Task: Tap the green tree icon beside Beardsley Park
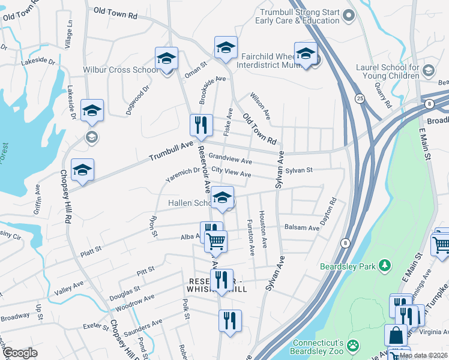pos(386,265)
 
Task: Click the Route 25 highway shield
pos(359,98)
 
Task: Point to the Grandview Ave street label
pos(230,160)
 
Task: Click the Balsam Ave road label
pos(306,228)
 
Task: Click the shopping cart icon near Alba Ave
pos(216,241)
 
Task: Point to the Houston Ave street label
pos(262,221)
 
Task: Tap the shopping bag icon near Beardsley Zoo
pos(396,336)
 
